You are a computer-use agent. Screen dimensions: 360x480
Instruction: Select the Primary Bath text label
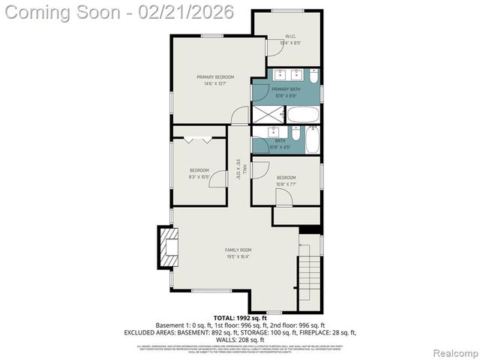click(x=285, y=89)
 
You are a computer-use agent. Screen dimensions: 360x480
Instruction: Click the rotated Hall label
click(x=238, y=172)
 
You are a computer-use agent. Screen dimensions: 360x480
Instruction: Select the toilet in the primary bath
click(x=313, y=76)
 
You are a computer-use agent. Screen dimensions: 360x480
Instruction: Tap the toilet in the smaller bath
click(x=295, y=136)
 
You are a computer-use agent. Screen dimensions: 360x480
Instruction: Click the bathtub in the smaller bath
click(x=313, y=139)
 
